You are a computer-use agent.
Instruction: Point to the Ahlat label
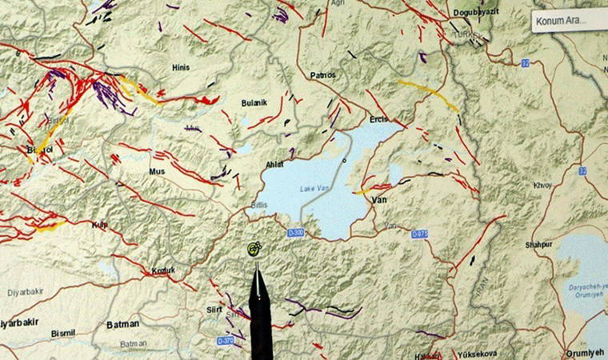(274, 165)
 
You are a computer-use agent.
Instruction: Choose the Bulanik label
(254, 103)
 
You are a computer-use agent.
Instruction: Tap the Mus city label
(157, 172)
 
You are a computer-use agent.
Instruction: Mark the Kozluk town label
(163, 271)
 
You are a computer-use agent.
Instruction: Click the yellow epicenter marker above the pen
(254, 249)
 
